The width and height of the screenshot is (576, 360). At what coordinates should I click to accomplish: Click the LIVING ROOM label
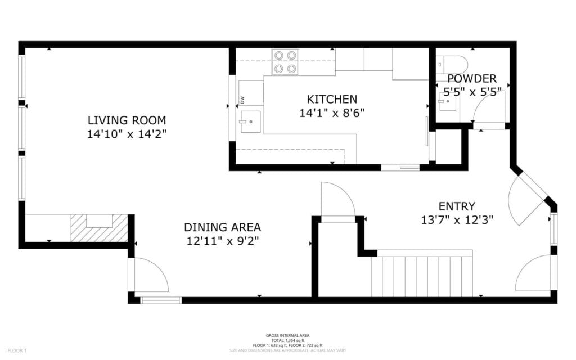click(x=127, y=120)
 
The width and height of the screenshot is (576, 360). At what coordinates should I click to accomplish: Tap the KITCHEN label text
click(x=328, y=99)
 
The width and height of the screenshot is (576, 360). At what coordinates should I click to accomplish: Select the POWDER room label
click(x=472, y=79)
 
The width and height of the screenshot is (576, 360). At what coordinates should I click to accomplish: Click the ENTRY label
click(x=457, y=206)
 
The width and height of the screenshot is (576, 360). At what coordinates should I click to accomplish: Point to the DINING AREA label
click(x=222, y=227)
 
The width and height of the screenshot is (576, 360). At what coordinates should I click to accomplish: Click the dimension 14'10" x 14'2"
click(x=127, y=134)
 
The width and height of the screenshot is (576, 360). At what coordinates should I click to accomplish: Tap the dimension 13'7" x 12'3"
click(x=457, y=219)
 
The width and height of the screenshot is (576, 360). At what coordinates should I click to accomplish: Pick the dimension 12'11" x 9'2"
click(x=222, y=241)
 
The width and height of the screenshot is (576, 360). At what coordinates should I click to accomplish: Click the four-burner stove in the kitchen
click(x=285, y=62)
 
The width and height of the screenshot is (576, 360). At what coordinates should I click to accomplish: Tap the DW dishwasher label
click(x=242, y=100)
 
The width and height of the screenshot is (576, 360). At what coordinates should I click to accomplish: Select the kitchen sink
click(x=250, y=121)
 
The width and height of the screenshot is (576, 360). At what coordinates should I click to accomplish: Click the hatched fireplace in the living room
click(x=99, y=228)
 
